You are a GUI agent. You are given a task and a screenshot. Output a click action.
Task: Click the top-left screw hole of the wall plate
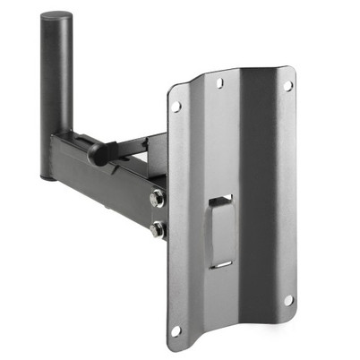point(176,107)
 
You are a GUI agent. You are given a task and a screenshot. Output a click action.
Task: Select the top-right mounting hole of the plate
point(287,86)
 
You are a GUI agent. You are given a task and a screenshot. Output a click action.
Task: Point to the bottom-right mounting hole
point(288,300)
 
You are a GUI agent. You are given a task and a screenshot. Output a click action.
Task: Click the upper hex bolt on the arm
point(158,199)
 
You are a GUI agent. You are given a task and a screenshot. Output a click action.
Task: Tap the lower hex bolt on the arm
point(158,229)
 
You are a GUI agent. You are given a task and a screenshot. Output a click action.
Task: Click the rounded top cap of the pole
point(56,18)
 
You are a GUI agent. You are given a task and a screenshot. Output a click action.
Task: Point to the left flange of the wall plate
point(179,215)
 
